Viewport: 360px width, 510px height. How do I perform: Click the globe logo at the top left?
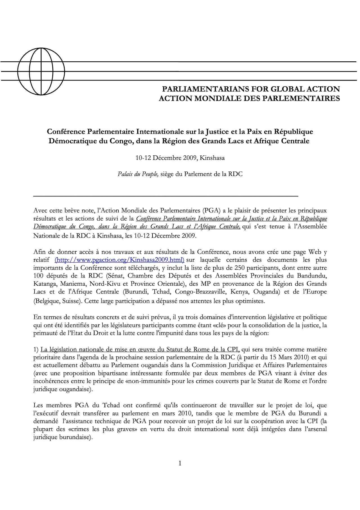click(x=35, y=71)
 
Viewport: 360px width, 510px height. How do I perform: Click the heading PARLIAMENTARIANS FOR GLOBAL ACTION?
click(x=251, y=89)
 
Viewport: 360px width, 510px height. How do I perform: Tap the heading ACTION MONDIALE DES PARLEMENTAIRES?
click(x=249, y=99)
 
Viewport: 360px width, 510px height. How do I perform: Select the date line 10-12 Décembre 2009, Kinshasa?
click(x=180, y=158)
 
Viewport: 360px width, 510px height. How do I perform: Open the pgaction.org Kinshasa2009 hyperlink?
click(x=120, y=260)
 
